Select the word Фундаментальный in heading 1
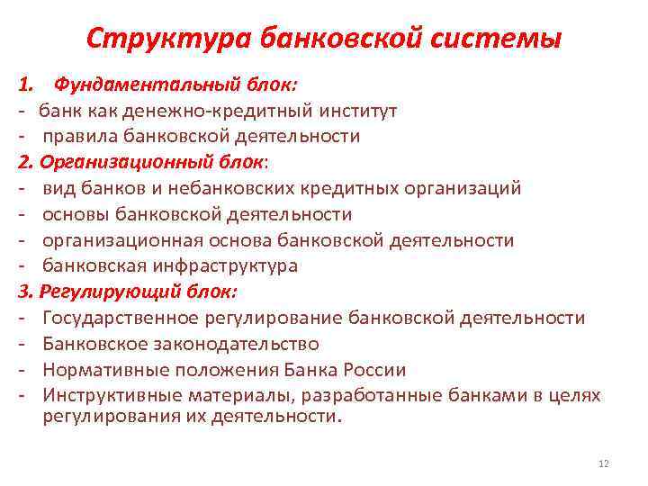click(x=145, y=85)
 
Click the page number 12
click(x=603, y=463)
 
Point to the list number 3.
click(x=21, y=292)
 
